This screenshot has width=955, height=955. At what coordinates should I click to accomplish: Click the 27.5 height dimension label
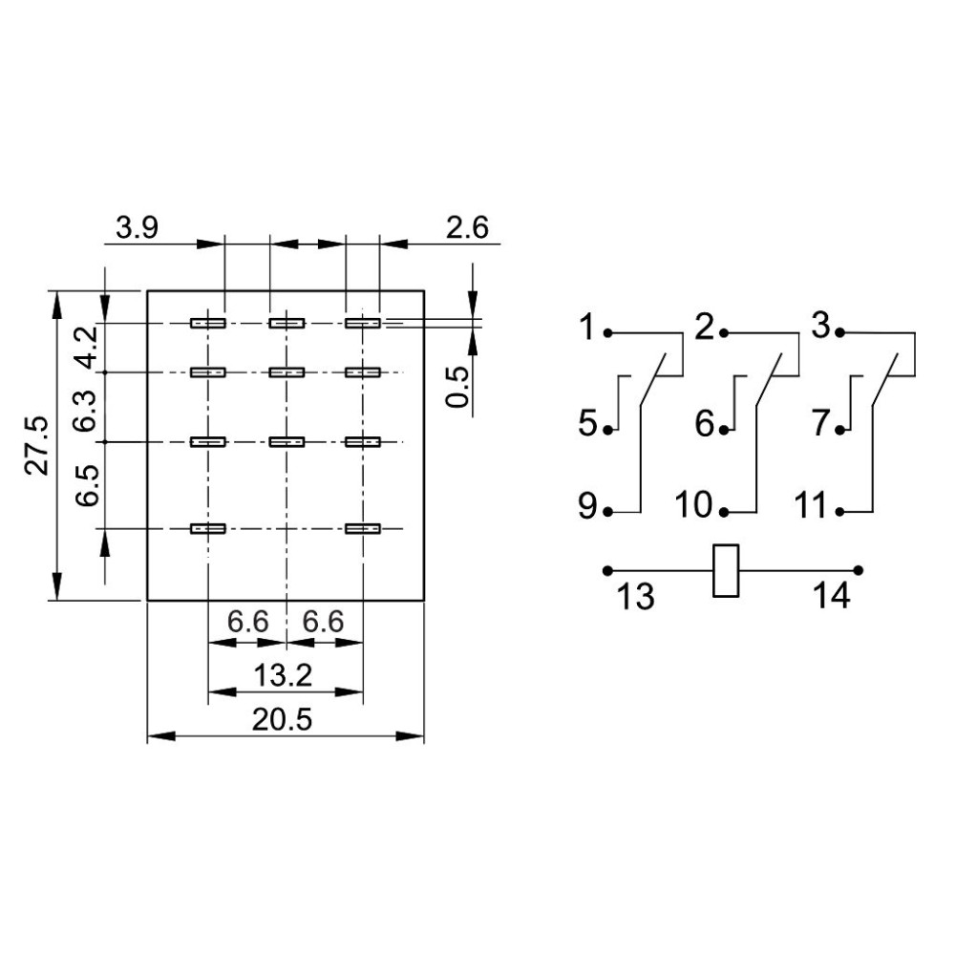[37, 446]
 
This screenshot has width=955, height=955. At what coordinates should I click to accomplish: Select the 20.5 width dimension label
[283, 720]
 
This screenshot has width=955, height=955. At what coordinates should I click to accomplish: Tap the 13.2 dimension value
[284, 675]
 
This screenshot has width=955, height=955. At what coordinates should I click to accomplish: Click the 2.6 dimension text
[466, 228]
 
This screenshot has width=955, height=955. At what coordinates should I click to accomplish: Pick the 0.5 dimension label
[459, 387]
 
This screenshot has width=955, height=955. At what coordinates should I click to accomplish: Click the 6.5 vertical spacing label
[86, 485]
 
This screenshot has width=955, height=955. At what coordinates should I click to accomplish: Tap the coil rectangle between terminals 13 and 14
[726, 571]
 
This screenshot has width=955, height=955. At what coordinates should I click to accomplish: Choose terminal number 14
[831, 597]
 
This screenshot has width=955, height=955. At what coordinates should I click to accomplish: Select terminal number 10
[696, 506]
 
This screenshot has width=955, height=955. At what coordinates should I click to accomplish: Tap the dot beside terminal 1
[609, 333]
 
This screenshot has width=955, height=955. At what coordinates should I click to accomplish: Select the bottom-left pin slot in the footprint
[207, 528]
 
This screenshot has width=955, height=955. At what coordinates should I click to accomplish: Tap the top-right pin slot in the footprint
[363, 324]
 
